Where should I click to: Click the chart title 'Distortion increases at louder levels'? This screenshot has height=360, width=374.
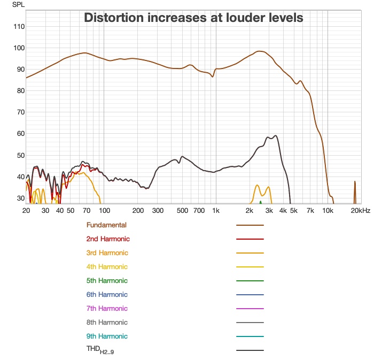[x=193, y=18]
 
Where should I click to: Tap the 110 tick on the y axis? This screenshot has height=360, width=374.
[x=18, y=27]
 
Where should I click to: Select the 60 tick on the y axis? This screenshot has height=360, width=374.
[x=20, y=134]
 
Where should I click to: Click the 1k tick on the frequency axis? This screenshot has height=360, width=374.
[x=216, y=211]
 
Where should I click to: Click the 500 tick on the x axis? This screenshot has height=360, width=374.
[x=182, y=211]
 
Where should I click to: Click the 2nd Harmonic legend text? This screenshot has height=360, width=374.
[x=107, y=239]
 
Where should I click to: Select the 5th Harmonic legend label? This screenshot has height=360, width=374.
[x=107, y=281]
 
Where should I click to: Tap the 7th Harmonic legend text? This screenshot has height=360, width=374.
[x=107, y=309]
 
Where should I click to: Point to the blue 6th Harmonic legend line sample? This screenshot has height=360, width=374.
[x=250, y=295]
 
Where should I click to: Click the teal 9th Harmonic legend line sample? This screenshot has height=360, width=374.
[x=250, y=336]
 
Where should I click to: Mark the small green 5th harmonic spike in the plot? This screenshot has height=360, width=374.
[x=261, y=202]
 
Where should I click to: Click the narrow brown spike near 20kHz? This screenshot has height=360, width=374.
[x=355, y=185]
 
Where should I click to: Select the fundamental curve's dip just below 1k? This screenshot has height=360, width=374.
[x=213, y=76]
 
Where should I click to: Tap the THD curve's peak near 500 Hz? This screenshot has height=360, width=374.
[x=183, y=157]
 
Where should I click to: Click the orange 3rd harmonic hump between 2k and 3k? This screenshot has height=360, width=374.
[x=258, y=186]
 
